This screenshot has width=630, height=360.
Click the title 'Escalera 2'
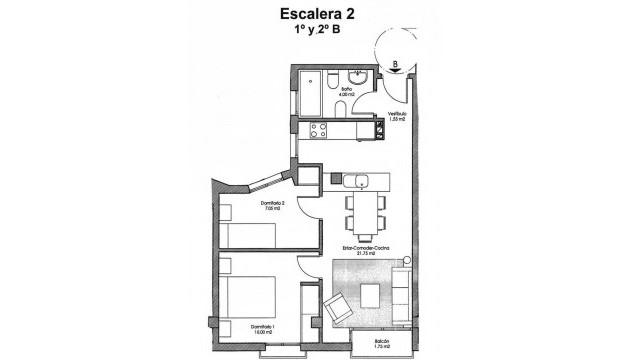click(x=313, y=14)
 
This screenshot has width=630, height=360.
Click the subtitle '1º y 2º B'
click(x=313, y=32)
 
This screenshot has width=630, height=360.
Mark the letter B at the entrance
click(x=396, y=62)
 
